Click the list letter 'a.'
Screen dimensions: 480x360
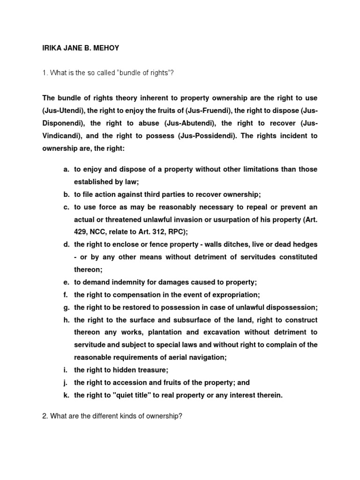(67, 169)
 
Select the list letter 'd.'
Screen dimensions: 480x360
(67, 245)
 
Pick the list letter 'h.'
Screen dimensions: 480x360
(67, 320)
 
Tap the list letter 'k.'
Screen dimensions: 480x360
(67, 396)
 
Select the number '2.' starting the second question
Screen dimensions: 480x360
(45, 416)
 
